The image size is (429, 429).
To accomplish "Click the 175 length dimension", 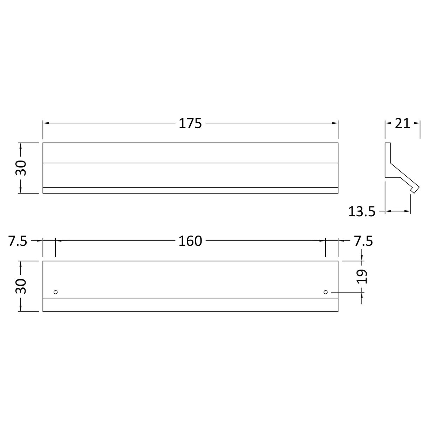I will (x=190, y=123).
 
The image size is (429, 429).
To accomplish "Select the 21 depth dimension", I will (x=402, y=123).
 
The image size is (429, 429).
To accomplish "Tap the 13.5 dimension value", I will (x=362, y=212).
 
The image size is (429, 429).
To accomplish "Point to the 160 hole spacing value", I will (x=190, y=241).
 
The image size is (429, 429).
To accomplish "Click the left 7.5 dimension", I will (x=18, y=241).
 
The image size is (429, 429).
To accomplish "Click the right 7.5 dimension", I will (x=363, y=241).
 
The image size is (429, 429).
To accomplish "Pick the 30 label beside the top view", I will (x=21, y=168).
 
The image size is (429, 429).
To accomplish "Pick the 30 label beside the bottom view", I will (x=21, y=286).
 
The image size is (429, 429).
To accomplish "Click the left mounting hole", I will (x=55, y=292).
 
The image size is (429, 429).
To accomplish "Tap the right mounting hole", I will (x=326, y=292).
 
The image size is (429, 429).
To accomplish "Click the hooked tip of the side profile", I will (x=414, y=189).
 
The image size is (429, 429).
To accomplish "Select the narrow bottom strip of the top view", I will (x=190, y=190).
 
